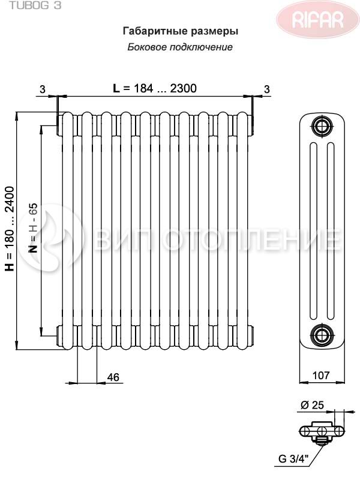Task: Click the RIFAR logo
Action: pyautogui.click(x=317, y=19)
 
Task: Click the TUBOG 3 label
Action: pyautogui.click(x=35, y=5)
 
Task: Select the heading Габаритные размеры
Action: pyautogui.click(x=181, y=31)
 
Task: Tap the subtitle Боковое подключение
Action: pyautogui.click(x=180, y=47)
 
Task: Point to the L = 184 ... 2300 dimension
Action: pyautogui.click(x=155, y=88)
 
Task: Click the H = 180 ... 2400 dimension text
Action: pyautogui.click(x=10, y=229)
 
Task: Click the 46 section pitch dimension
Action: pyautogui.click(x=113, y=377)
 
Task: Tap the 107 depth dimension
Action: pyautogui.click(x=322, y=376)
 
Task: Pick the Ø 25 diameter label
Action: pyautogui.click(x=312, y=406)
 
